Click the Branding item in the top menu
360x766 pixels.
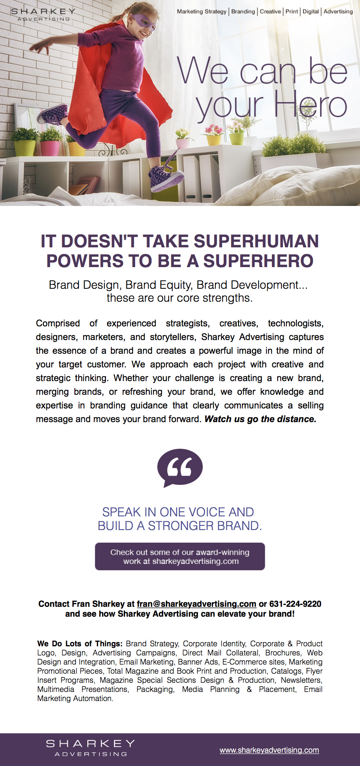243,11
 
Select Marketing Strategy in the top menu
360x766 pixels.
202,11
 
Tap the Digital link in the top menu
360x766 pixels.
311,11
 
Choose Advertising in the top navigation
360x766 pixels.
338,11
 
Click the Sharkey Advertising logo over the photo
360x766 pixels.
43,14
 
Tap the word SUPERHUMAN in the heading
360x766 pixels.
256,241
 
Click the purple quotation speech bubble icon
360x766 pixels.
180,468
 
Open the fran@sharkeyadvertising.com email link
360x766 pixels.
196,604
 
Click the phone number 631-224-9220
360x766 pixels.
295,604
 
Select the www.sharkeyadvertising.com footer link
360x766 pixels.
269,750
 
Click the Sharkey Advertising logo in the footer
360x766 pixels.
90,748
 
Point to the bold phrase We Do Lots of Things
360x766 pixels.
80,644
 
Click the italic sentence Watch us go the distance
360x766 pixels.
261,419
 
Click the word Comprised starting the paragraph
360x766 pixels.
58,323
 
